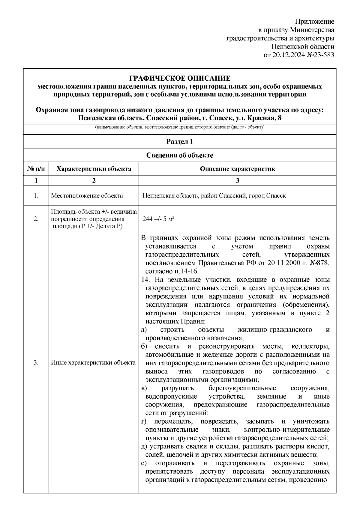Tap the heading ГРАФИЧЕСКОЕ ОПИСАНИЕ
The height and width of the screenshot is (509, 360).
coord(180,79)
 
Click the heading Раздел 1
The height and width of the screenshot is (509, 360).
coord(180,141)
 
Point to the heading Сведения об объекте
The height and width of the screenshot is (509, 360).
coord(180,155)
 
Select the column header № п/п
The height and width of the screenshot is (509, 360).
coord(36,169)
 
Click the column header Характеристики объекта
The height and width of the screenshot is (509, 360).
coord(94,169)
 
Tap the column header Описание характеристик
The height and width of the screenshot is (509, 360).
coord(237,169)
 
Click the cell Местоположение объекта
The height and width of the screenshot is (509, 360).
coord(87,196)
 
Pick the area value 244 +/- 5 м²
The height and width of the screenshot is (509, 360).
coord(159,219)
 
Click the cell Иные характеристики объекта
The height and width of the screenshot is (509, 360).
coord(93,363)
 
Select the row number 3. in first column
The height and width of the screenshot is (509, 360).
coord(36,363)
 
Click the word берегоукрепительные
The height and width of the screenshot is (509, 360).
coord(242,388)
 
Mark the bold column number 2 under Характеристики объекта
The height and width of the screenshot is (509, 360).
coord(94,180)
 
